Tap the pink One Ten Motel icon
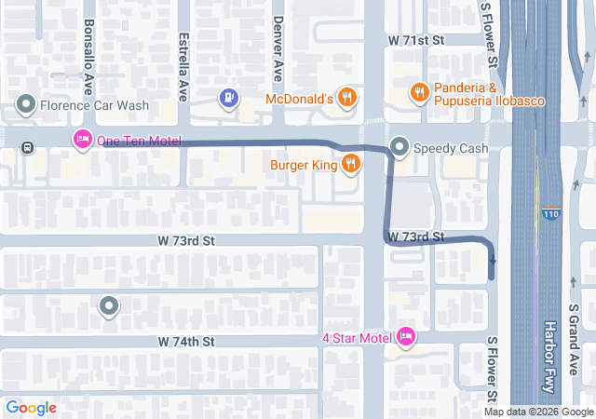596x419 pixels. click(x=82, y=140)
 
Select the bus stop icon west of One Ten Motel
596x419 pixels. click(x=28, y=146)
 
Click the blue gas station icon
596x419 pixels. click(x=228, y=97)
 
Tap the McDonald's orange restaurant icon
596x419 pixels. click(x=346, y=97)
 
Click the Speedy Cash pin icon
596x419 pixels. click(x=400, y=146)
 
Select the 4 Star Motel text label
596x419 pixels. click(x=356, y=336)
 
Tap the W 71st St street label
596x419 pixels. click(x=418, y=41)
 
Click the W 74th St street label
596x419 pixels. click(x=186, y=342)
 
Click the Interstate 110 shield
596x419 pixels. click(x=551, y=213)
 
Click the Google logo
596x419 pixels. click(x=31, y=407)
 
